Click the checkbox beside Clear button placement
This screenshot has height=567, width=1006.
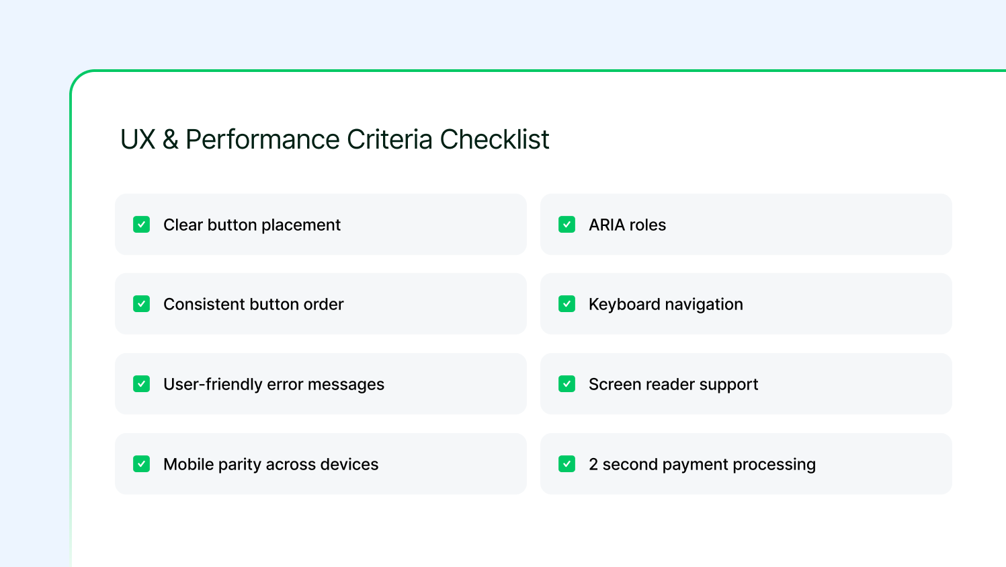[141, 224]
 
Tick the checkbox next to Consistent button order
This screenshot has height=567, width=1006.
[141, 304]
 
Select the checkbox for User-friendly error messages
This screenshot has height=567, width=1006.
[141, 384]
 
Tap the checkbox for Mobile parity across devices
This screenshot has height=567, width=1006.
[141, 464]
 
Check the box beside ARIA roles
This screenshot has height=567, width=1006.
[567, 224]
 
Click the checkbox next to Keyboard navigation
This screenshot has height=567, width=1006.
[567, 304]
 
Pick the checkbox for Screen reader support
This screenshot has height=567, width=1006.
[567, 384]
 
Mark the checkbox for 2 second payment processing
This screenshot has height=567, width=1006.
[567, 464]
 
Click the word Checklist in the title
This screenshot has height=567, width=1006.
[495, 139]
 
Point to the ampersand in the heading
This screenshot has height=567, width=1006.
[170, 139]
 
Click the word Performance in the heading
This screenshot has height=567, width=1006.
[263, 139]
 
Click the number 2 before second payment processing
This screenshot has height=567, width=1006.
[593, 464]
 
